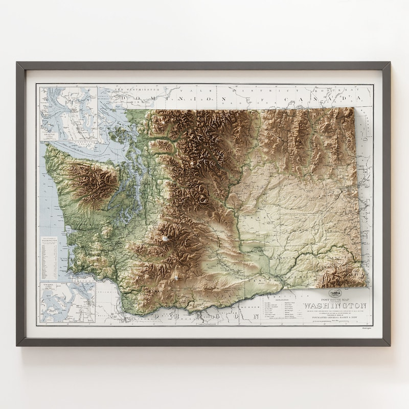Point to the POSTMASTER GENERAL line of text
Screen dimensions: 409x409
tap(335, 317)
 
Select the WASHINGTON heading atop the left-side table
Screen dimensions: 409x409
tap(51, 240)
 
